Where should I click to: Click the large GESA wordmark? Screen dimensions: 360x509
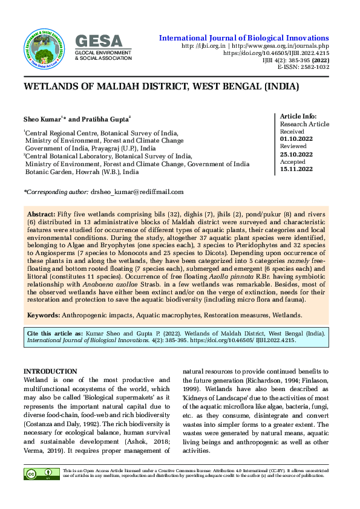[99, 41]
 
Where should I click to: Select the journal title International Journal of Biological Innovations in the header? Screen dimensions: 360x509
[244, 37]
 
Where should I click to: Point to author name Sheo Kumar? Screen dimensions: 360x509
[42, 120]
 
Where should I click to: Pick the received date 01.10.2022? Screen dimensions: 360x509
[296, 139]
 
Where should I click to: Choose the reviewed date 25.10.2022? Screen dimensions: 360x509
[296, 154]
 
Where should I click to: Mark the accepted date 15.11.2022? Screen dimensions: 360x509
[296, 169]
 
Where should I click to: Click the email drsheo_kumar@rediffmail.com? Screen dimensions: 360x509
[137, 192]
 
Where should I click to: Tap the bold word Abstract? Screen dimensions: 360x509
[41, 215]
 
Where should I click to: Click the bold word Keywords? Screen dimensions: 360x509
[44, 316]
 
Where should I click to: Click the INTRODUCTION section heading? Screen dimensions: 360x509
[50, 371]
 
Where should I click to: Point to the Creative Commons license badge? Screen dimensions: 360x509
[42, 474]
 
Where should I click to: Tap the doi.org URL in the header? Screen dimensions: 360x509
[276, 53]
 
